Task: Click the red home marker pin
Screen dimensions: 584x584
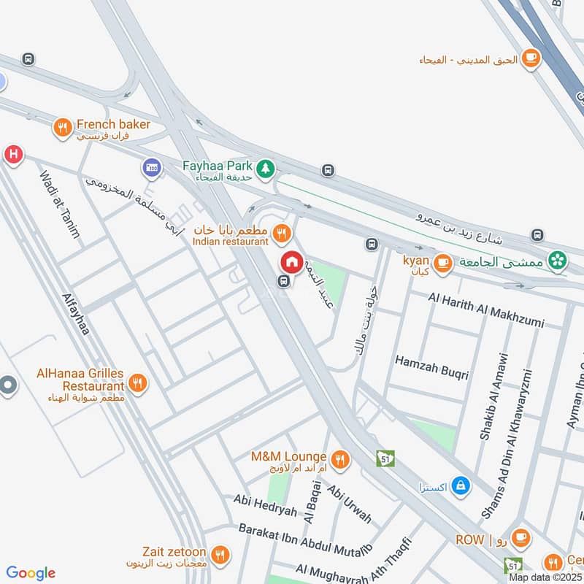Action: [291, 261]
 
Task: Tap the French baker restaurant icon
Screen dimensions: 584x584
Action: [63, 129]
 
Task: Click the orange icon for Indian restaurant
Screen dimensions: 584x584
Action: [281, 234]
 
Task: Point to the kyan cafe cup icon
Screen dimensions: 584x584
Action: [442, 264]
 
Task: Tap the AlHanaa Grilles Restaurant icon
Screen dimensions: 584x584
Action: [137, 382]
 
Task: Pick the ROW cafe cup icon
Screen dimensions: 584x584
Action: [520, 539]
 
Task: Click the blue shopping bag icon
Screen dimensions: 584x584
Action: [460, 485]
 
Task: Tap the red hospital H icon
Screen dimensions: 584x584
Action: [12, 155]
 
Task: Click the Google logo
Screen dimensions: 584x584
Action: [31, 573]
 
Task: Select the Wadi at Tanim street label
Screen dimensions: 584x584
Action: [61, 205]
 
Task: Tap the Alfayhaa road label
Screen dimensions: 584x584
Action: [77, 315]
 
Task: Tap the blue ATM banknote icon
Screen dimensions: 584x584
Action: [152, 169]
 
